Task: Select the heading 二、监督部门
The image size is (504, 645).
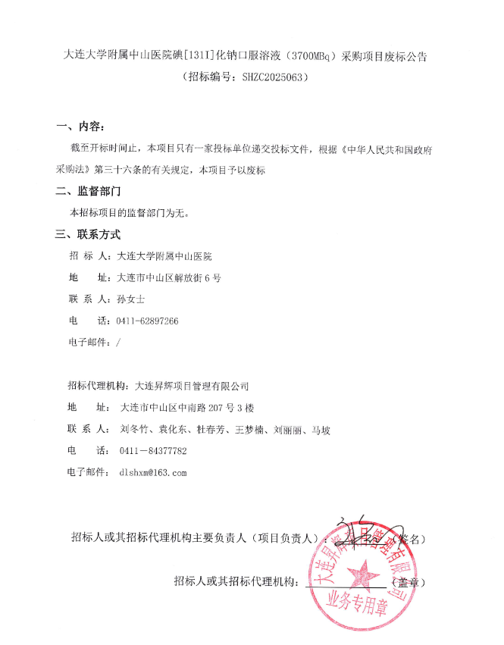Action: point(88,191)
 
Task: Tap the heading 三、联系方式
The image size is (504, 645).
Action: point(88,234)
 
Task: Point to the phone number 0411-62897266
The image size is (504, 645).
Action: point(148,321)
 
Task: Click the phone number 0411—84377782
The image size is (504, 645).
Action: point(153,451)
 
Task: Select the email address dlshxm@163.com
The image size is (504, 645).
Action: point(152,472)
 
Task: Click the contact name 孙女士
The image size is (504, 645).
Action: point(130,299)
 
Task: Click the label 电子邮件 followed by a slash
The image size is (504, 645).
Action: point(89,342)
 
